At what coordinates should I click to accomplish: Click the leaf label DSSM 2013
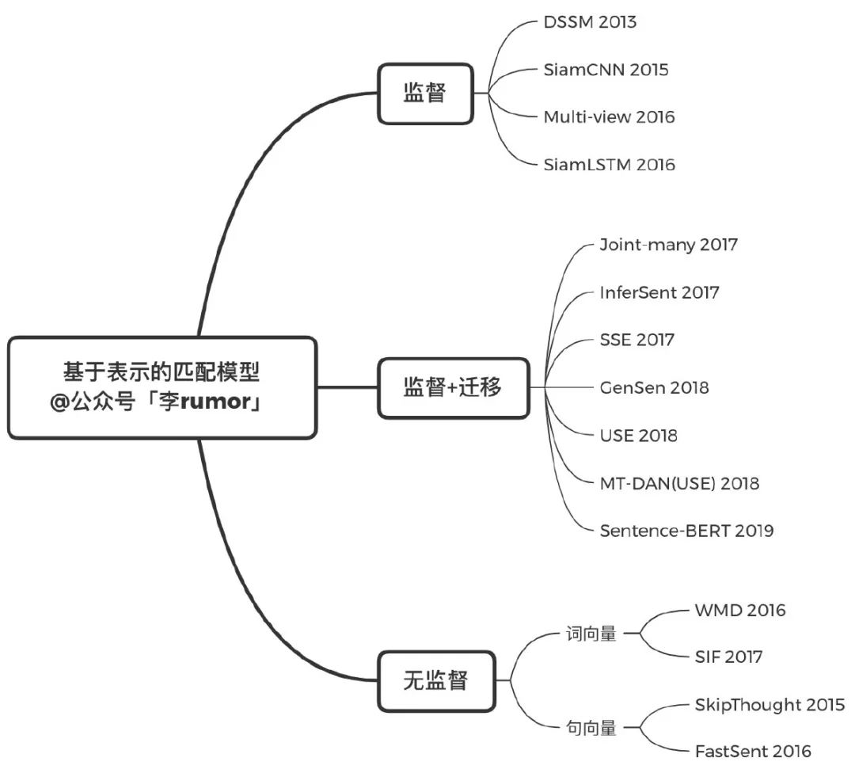590,22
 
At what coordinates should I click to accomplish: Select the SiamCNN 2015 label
606,70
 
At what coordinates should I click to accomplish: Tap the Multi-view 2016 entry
609,117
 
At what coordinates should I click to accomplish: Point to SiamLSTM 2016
609,165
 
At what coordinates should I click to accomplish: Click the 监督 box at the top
425,93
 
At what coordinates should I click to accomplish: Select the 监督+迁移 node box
453,387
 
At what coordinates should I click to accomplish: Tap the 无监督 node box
435,680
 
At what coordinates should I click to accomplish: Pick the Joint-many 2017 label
668,245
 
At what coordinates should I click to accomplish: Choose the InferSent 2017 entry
659,292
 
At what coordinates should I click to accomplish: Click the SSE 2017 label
636,340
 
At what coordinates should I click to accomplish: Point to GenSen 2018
654,387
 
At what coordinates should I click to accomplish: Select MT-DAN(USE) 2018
679,483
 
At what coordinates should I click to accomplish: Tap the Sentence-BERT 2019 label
686,531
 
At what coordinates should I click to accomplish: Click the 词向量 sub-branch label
591,634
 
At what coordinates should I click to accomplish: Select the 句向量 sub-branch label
591,729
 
